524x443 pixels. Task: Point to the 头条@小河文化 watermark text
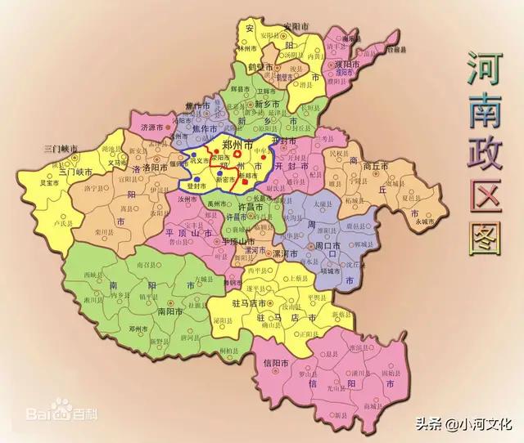[474, 424]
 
